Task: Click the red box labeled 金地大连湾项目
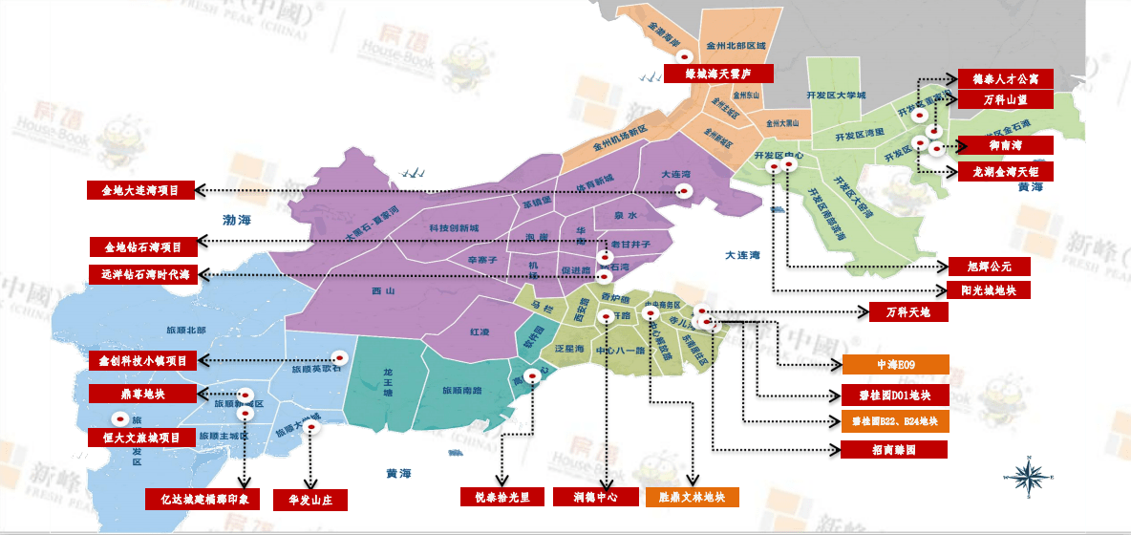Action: pyautogui.click(x=140, y=190)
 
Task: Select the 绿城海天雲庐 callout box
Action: pyautogui.click(x=716, y=74)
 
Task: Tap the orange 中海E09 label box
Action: pyautogui.click(x=895, y=364)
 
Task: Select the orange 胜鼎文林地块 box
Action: pyautogui.click(x=693, y=497)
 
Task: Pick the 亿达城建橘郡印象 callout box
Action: pyautogui.click(x=203, y=499)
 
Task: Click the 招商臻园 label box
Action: pyautogui.click(x=894, y=448)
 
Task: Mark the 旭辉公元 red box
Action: pyautogui.click(x=989, y=266)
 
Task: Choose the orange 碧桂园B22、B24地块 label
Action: pyautogui.click(x=894, y=421)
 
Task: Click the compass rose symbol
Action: pyautogui.click(x=1028, y=475)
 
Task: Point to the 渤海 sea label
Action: pyautogui.click(x=237, y=221)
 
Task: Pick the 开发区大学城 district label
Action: pyautogui.click(x=836, y=96)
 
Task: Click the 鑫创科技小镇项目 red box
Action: pyautogui.click(x=142, y=361)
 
